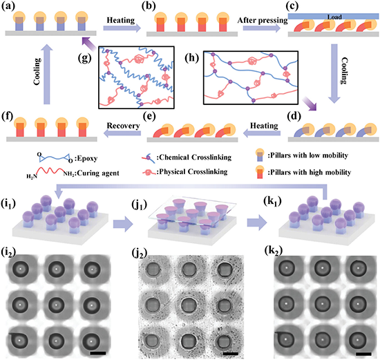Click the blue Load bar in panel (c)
pos(333,17)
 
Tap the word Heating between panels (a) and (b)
pos(121,20)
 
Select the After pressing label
pos(263,20)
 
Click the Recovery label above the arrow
pos(124,126)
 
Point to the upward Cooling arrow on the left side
pos(47,74)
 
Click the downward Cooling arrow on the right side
pos(334,74)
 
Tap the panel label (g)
pos(85,58)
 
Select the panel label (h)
pos(191,59)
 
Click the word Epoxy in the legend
pos(88,158)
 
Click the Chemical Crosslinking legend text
pos(196,158)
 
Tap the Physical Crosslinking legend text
pos(193,171)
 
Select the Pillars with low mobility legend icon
pos(260,155)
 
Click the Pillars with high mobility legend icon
pos(260,172)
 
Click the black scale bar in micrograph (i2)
pos(98,353)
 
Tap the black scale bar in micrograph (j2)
pos(231,354)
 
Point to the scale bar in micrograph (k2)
pos(363,354)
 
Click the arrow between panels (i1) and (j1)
pos(123,225)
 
